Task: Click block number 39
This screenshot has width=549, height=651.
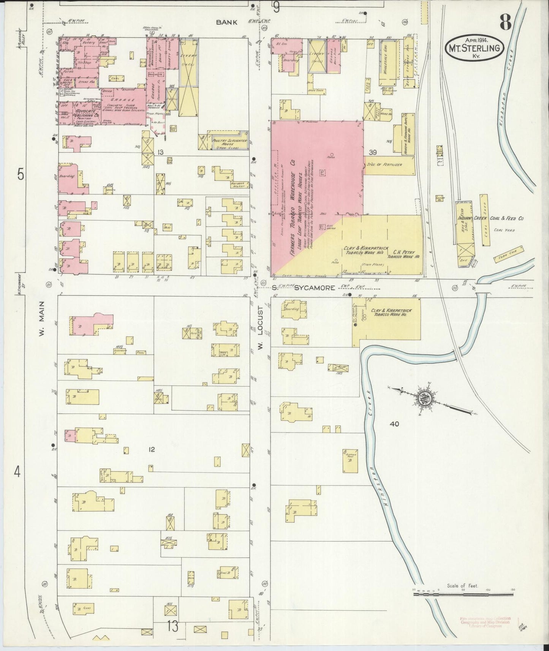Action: point(372,152)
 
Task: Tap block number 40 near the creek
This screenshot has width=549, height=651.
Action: point(394,424)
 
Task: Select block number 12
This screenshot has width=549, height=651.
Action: point(152,450)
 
